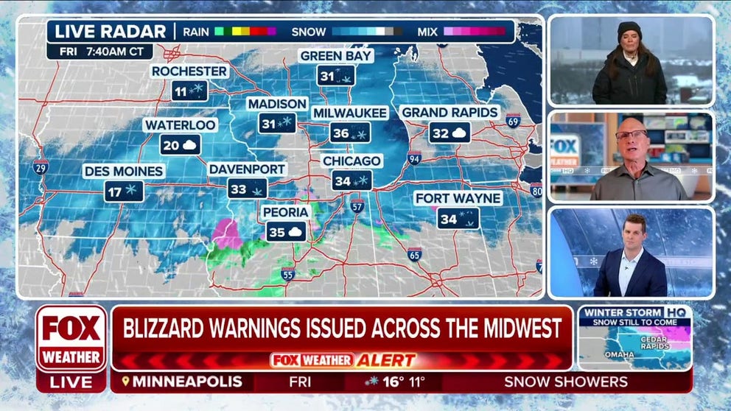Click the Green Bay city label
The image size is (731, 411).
[336, 56]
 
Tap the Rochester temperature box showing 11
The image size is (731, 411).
[189, 91]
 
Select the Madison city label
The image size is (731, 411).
[277, 104]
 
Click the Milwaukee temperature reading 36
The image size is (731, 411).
[350, 133]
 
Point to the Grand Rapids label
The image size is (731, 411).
[450, 113]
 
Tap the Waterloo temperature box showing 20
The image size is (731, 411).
[181, 144]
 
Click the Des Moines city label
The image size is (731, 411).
[124, 171]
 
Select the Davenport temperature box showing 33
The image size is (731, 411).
[247, 189]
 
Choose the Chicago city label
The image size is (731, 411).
[351, 161]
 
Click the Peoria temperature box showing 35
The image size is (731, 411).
[286, 231]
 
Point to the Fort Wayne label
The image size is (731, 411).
[458, 198]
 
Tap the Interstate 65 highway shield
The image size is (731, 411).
[414, 255]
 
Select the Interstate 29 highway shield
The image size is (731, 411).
[41, 167]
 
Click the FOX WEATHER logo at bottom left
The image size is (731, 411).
[71, 338]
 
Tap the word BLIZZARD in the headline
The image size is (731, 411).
[172, 328]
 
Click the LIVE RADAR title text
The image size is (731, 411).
[111, 32]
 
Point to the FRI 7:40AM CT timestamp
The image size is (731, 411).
[99, 52]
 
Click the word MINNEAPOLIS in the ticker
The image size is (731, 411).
[189, 382]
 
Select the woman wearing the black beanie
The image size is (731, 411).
[630, 62]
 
